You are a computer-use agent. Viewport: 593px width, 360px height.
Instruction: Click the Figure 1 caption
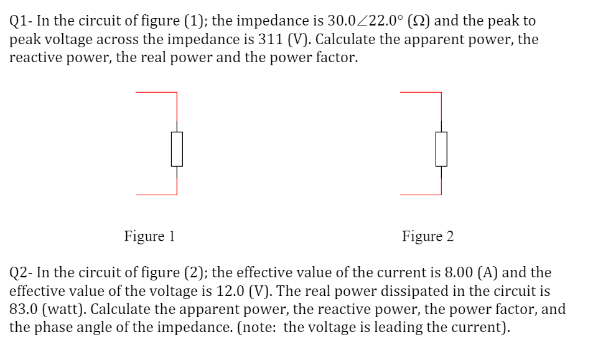[x=149, y=236]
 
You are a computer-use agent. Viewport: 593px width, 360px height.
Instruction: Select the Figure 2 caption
[x=427, y=236]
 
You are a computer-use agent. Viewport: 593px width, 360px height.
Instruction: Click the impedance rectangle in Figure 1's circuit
[x=177, y=149]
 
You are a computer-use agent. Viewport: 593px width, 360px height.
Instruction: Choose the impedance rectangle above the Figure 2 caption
[x=441, y=149]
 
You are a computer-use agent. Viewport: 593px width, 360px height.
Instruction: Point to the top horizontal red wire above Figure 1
[x=156, y=93]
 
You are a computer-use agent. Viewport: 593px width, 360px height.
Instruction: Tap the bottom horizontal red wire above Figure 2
[x=421, y=195]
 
